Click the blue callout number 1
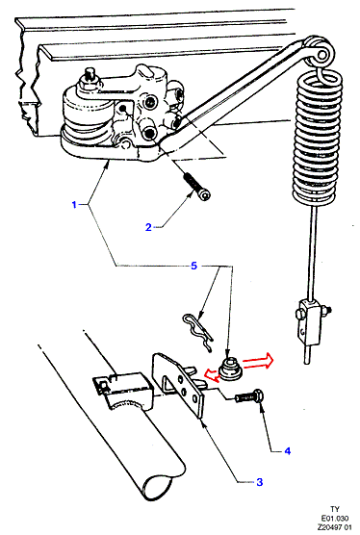74,205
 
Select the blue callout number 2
148,227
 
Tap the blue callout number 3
259,482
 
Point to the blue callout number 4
287,451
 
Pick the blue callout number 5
193,266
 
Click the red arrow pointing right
258,360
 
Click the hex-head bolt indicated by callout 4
249,396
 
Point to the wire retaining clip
198,332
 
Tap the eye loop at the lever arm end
321,50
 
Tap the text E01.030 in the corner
335,519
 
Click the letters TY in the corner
335,509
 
